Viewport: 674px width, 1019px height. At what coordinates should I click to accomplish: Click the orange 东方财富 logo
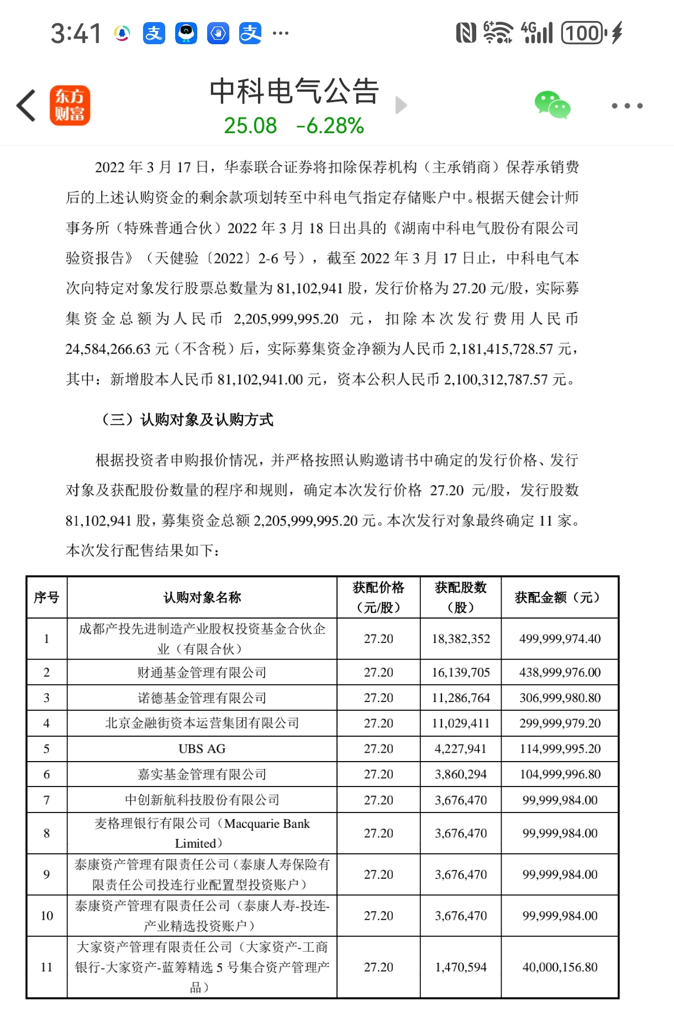[x=70, y=105]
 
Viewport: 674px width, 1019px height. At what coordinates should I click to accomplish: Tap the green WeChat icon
[x=552, y=105]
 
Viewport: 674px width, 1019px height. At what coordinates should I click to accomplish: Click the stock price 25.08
[x=250, y=126]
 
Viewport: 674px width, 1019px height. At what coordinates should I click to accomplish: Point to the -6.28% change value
[x=330, y=126]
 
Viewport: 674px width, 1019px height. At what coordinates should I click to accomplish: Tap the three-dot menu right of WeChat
[x=627, y=105]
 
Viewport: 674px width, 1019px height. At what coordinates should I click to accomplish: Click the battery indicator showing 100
[x=583, y=33]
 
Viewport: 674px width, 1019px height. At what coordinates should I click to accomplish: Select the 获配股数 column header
[x=461, y=597]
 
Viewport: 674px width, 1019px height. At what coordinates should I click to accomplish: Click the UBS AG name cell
[x=202, y=749]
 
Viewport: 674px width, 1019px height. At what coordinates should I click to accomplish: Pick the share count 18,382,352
[x=461, y=639]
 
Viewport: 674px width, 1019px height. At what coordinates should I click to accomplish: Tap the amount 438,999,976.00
[x=560, y=673]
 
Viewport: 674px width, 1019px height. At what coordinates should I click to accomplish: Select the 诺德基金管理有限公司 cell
[x=202, y=698]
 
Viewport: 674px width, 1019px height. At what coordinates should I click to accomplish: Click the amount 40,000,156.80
[x=560, y=967]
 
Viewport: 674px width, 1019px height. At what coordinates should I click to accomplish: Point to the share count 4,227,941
[x=461, y=749]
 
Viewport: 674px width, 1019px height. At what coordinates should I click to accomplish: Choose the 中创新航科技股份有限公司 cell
[x=202, y=800]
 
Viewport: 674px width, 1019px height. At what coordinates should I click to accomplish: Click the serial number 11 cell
[x=46, y=967]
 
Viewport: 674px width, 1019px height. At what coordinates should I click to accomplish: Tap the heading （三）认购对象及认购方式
[x=186, y=420]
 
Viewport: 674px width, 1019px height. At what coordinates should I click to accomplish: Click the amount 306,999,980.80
[x=560, y=698]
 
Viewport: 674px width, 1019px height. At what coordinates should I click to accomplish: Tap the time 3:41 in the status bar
[x=76, y=34]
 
